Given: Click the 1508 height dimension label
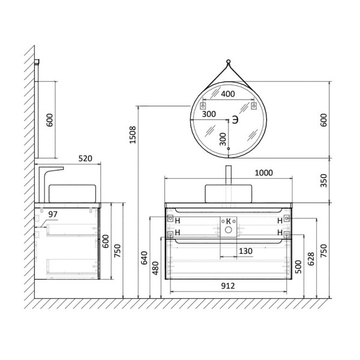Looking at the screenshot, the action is click(x=133, y=135).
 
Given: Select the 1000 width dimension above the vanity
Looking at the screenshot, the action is click(x=264, y=173).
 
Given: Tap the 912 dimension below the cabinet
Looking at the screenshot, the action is click(x=228, y=286).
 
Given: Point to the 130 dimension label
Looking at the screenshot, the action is click(x=245, y=251).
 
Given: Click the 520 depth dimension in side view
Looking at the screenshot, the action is click(x=85, y=158).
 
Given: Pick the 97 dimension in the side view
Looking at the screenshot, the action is click(x=53, y=214).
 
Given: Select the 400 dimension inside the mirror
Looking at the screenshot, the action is click(x=228, y=94).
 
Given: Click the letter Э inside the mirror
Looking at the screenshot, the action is click(x=235, y=119).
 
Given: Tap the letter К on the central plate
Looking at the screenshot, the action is click(x=229, y=221).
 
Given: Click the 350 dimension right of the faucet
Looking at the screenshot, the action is click(x=323, y=181).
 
